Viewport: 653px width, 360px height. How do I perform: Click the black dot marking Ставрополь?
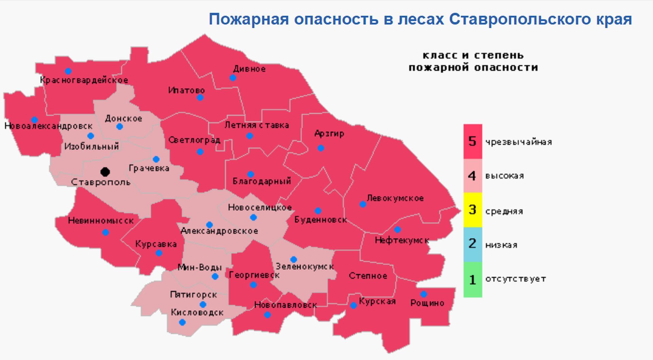click(105, 172)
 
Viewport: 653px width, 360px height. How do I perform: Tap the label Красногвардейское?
click(84, 80)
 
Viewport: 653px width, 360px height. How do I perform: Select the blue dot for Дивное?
click(233, 78)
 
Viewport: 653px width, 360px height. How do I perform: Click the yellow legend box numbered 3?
click(472, 210)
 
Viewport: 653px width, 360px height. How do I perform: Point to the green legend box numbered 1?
click(472, 279)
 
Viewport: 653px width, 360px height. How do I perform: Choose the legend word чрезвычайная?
click(518, 142)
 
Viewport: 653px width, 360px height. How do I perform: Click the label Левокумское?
click(395, 198)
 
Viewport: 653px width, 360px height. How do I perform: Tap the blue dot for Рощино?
click(424, 294)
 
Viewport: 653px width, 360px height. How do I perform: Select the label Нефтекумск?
click(402, 240)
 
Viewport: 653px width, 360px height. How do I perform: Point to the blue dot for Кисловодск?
click(182, 322)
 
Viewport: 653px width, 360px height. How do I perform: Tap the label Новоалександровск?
click(48, 126)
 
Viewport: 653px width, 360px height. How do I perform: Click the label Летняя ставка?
click(256, 125)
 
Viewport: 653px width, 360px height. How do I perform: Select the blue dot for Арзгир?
click(321, 148)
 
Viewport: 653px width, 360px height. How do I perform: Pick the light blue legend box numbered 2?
click(472, 244)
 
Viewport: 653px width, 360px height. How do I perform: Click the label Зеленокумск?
click(305, 267)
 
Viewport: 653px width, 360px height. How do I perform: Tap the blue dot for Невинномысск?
click(105, 233)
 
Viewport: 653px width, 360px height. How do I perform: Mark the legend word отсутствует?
click(515, 279)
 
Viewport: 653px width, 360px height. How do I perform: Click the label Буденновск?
click(320, 220)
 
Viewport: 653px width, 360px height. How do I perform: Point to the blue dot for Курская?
click(354, 306)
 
